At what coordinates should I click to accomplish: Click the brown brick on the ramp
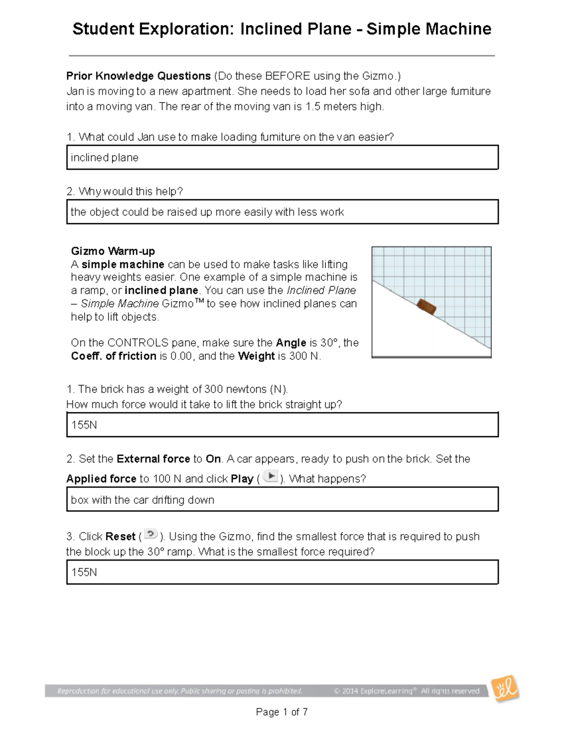(426, 307)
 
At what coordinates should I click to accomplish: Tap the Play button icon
(271, 477)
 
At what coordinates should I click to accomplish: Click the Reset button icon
(150, 534)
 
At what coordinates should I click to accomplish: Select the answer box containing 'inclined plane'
(282, 157)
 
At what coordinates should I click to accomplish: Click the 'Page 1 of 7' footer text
(282, 712)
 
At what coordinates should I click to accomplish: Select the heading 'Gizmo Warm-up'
(113, 251)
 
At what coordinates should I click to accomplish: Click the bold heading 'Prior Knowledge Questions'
(138, 76)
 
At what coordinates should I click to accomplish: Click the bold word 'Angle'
(291, 343)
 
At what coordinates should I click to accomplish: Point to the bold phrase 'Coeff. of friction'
(113, 356)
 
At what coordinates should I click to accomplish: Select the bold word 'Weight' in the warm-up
(256, 356)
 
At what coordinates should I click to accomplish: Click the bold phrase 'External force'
(153, 459)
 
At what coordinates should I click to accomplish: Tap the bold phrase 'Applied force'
(101, 479)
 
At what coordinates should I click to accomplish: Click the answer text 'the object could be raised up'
(141, 212)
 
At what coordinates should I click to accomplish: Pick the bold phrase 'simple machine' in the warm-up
(123, 264)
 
